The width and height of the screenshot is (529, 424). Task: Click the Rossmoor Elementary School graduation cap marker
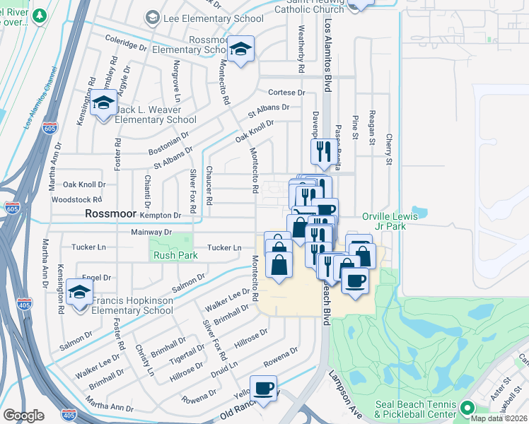242,49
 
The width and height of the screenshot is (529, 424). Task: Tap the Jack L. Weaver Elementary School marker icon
103,103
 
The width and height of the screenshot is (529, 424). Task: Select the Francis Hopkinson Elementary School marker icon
79,291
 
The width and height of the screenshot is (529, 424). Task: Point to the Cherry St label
388,151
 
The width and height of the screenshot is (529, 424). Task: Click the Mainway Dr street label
151,232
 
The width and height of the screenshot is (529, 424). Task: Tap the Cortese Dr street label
286,93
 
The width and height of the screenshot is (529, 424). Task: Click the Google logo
24,415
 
